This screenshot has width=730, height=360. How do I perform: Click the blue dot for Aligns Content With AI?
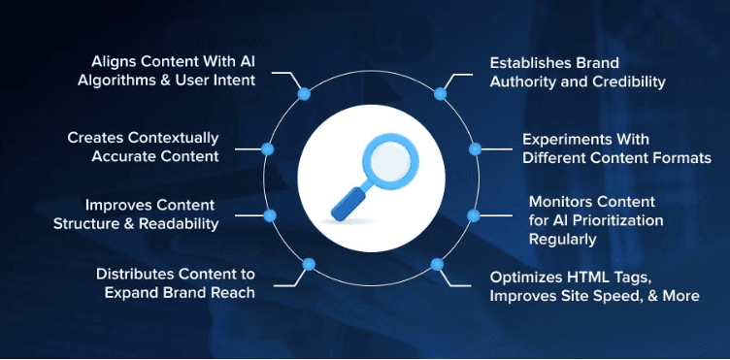tap(303, 94)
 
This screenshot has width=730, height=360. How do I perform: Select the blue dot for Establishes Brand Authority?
tap(440, 94)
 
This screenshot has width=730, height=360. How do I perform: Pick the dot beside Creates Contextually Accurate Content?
tap(269, 148)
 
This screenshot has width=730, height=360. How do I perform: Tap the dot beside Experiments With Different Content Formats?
tap(475, 148)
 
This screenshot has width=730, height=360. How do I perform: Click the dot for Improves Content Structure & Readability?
tap(269, 213)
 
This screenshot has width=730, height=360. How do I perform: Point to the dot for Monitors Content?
tap(474, 213)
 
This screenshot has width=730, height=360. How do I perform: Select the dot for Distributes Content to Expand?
tap(308, 263)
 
